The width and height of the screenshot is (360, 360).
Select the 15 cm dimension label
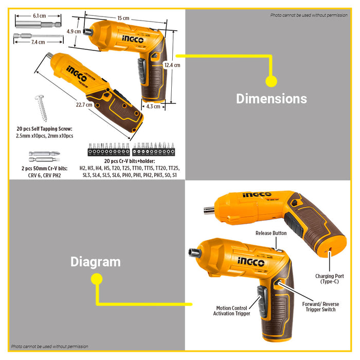click(x=123, y=19)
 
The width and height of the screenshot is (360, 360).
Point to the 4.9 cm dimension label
click(x=74, y=31)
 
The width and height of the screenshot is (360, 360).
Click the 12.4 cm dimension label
click(x=172, y=65)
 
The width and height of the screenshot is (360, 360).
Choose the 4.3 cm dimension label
click(x=153, y=107)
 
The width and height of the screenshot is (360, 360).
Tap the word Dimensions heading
click(x=271, y=99)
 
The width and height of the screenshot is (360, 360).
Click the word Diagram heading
click(x=96, y=262)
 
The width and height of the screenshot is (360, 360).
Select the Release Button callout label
click(x=271, y=233)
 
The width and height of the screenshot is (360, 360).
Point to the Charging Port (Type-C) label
click(x=330, y=279)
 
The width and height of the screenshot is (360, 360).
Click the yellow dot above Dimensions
click(x=271, y=81)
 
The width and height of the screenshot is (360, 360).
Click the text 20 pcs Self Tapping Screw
click(x=44, y=129)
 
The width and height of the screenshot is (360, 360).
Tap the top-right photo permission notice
click(x=309, y=15)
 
